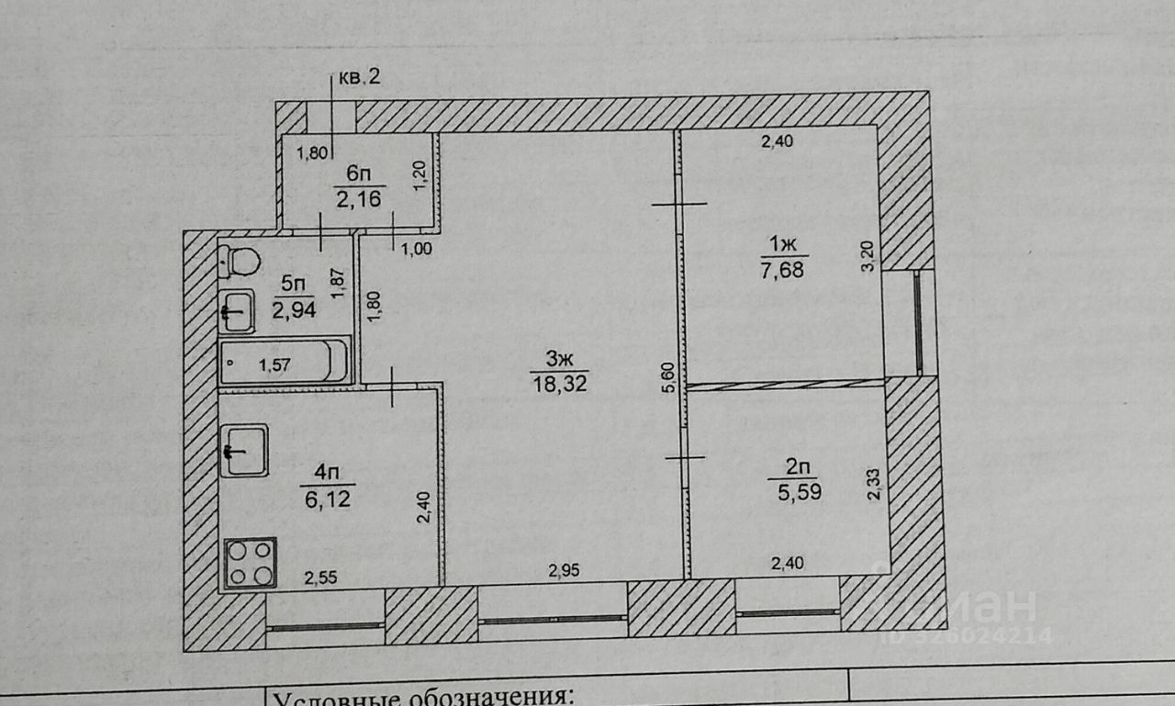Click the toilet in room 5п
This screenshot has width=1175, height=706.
[x=241, y=260]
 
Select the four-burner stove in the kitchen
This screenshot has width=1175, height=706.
[x=251, y=562]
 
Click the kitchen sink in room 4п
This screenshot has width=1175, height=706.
[x=244, y=450]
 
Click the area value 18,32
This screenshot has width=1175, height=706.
[x=558, y=384]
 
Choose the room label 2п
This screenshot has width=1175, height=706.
[x=795, y=466]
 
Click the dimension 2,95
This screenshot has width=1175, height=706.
[x=565, y=569]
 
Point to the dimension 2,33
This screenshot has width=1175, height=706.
[x=873, y=483]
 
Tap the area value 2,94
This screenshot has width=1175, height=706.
[x=294, y=310]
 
